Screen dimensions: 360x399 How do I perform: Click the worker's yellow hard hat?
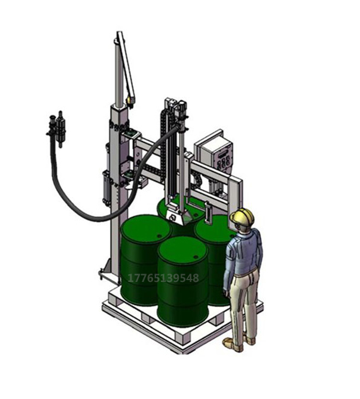(242, 216)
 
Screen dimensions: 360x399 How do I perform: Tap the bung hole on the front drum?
(196, 257)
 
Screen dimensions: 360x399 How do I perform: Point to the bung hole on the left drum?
(159, 236)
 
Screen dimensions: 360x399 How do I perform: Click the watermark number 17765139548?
(163, 278)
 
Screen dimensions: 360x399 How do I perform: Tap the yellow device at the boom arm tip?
(131, 100)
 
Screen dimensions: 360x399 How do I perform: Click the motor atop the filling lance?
(182, 108)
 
